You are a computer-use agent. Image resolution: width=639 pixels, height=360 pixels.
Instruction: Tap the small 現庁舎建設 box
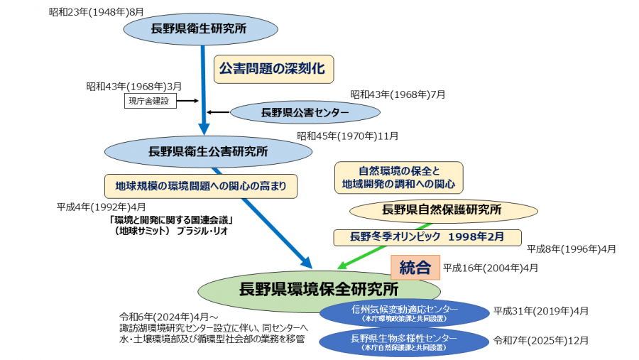point(149,101)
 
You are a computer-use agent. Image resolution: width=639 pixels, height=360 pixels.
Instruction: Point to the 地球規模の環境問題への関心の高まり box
point(200,187)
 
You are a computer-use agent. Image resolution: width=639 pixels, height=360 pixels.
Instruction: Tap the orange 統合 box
point(415,268)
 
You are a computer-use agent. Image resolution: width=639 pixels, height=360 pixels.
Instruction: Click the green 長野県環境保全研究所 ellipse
point(319,290)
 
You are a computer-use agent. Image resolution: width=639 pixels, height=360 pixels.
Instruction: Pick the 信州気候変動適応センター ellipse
point(404,312)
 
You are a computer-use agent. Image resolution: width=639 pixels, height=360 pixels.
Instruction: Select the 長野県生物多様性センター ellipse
point(404,342)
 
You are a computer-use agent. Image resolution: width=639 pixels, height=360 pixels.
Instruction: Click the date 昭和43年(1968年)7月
point(398,94)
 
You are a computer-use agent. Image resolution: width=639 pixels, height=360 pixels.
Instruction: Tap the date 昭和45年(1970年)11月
point(347,136)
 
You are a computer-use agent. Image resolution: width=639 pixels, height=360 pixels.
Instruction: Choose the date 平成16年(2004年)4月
point(491,268)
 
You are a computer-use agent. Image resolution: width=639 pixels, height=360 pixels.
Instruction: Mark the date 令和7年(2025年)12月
point(541,340)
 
